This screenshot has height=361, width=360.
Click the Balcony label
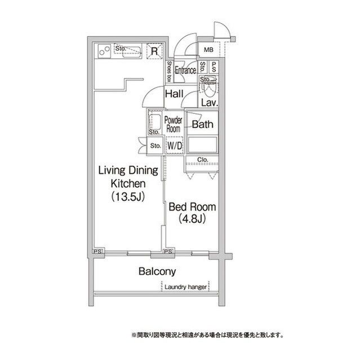click(157, 271)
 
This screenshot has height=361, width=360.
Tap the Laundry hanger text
click(186, 287)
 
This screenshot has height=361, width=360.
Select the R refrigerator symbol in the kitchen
click(154, 51)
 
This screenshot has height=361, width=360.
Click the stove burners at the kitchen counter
click(104, 51)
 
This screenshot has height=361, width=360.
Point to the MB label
click(209, 50)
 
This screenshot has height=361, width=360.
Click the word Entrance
click(185, 70)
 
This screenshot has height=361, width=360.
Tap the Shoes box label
click(170, 72)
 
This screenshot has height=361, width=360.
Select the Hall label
click(174, 94)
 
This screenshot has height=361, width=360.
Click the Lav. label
click(210, 103)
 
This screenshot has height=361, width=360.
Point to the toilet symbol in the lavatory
click(209, 88)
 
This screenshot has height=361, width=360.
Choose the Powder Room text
click(174, 124)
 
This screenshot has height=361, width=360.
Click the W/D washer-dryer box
click(175, 146)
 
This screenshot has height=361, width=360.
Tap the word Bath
click(202, 124)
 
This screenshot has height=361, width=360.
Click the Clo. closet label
click(202, 160)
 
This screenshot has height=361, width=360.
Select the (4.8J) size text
click(192, 218)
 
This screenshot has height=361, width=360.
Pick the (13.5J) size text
click(128, 197)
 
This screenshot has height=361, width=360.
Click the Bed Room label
click(193, 207)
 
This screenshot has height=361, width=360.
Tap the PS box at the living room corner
click(98, 251)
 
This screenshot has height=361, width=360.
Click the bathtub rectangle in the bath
click(202, 145)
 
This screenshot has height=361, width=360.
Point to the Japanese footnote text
click(207, 335)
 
